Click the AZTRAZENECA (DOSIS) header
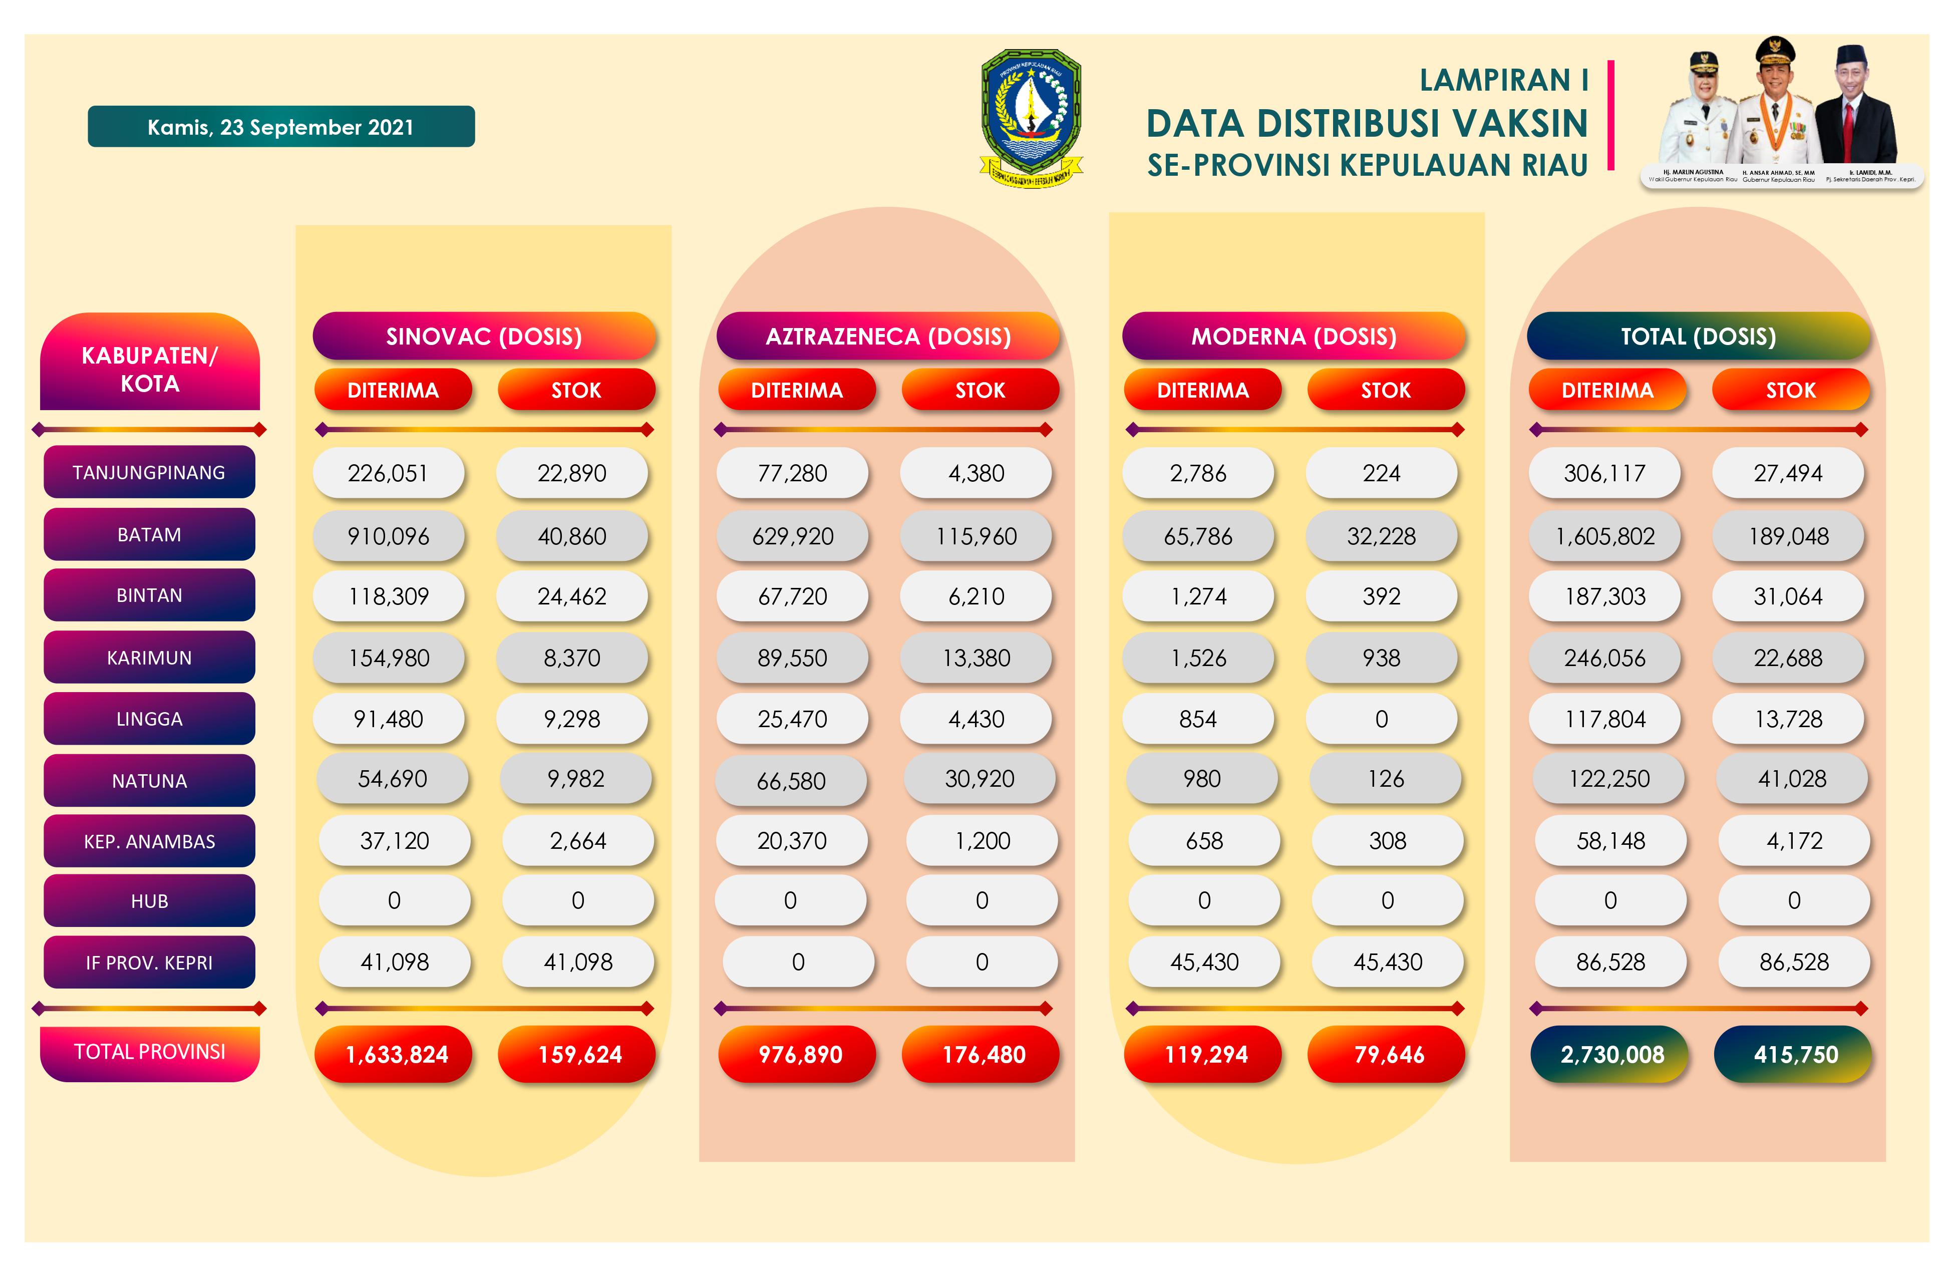tap(888, 337)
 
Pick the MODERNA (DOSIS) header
tap(1293, 337)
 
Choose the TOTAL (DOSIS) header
tap(1698, 337)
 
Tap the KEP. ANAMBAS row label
tap(149, 841)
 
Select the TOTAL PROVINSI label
tap(149, 1052)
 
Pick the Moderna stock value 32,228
tap(1381, 536)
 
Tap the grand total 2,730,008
tap(1611, 1055)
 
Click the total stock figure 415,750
tap(1795, 1055)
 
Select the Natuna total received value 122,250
tap(1608, 779)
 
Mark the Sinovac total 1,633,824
tap(396, 1055)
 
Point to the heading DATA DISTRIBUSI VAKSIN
tap(1366, 124)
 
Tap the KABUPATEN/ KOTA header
tap(149, 369)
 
